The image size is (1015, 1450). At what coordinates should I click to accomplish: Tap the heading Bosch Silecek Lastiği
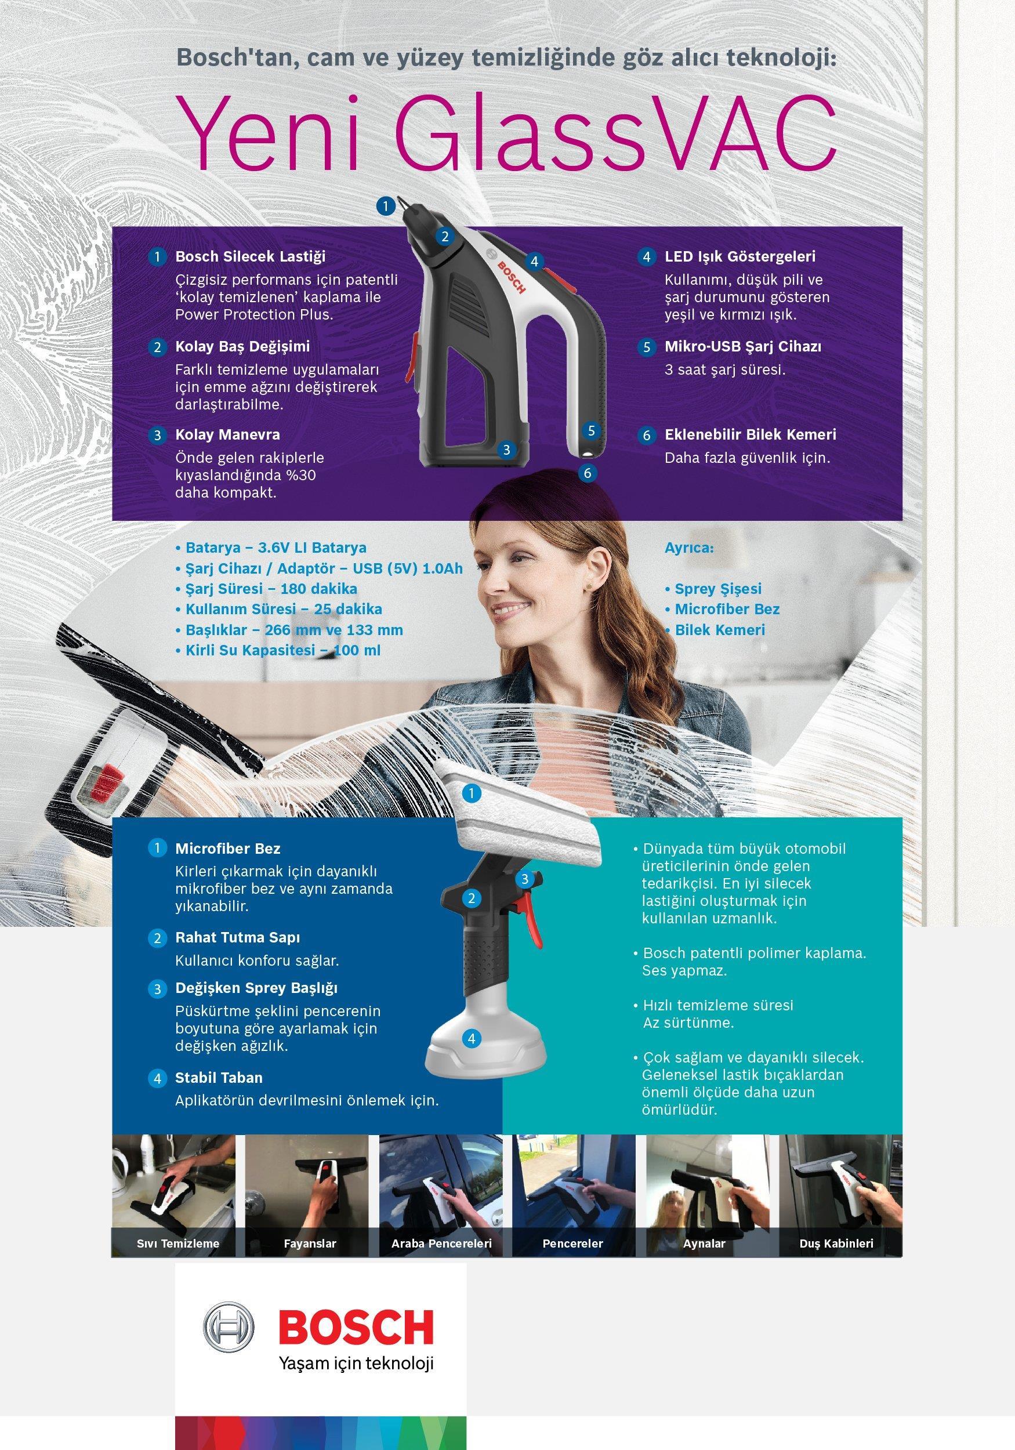coord(250,256)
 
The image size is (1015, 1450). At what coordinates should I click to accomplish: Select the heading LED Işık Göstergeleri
coord(739,256)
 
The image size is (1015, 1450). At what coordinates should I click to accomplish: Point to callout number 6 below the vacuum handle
coord(588,472)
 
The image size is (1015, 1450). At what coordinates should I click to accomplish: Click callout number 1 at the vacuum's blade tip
coord(385,205)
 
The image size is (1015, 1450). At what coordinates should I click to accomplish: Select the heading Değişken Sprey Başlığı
coord(256,988)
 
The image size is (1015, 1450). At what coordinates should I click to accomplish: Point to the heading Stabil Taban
coord(219,1078)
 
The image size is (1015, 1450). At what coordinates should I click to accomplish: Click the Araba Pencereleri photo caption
coord(441,1244)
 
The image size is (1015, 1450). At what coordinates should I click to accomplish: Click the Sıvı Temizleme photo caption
coord(178,1244)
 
